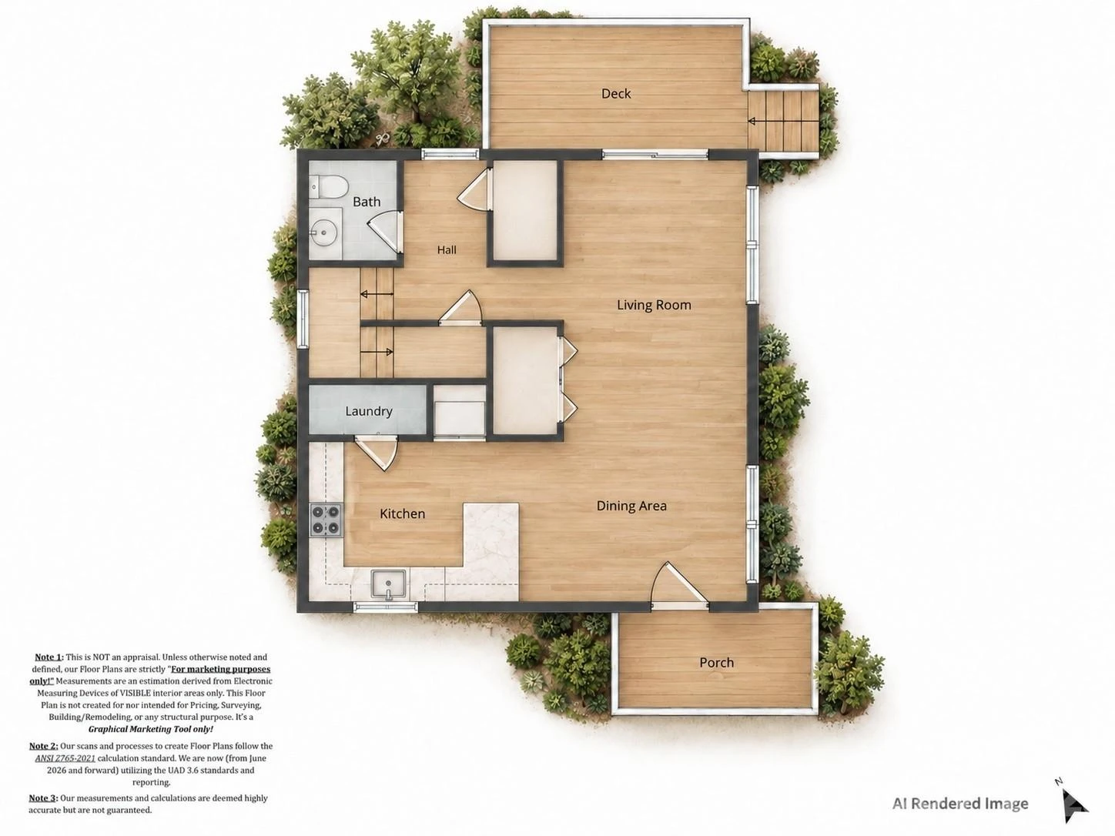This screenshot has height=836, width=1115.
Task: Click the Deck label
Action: pos(616,93)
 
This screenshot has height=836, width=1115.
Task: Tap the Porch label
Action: pos(716,662)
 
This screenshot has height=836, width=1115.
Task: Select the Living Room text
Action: pos(654,305)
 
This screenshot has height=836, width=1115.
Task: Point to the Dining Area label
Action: pos(631,506)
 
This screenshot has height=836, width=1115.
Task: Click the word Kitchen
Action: pos(402,513)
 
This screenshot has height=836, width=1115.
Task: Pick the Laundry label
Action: pos(369,411)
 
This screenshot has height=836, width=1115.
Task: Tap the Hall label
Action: pos(447,249)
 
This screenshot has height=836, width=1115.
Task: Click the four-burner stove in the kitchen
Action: pos(326,520)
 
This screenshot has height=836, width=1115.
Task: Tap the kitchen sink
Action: pos(389,584)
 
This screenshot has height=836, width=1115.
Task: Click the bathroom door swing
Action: pos(384,232)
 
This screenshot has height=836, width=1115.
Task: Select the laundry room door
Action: pos(377,453)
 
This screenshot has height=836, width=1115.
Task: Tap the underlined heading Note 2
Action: pos(43,746)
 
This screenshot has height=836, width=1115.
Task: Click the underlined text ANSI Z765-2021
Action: pos(65,758)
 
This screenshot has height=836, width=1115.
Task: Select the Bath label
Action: pos(367,202)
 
